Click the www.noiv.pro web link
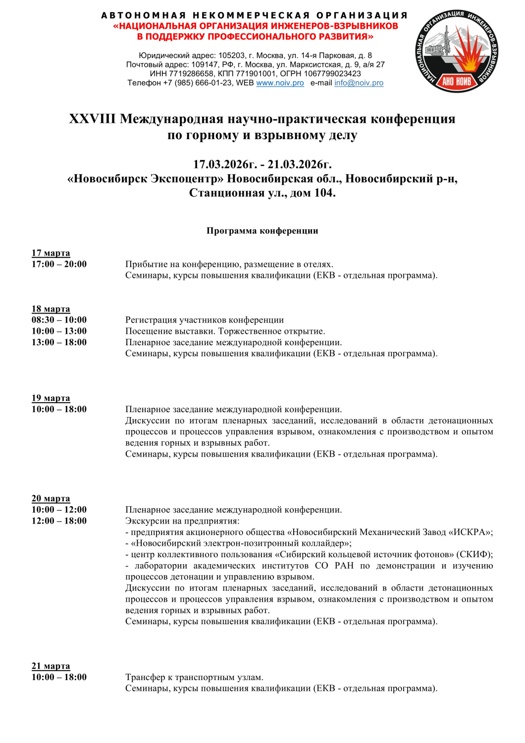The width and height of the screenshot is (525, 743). tap(280, 83)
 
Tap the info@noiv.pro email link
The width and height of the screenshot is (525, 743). tap(359, 83)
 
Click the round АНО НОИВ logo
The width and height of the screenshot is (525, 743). tap(456, 51)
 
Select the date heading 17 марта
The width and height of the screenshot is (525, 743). tap(51, 253)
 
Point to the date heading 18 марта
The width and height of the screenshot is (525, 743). tap(51, 309)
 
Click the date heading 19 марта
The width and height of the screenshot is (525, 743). tap(51, 398)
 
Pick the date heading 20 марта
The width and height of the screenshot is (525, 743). tap(51, 499)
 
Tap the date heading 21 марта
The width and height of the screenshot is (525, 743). tap(51, 666)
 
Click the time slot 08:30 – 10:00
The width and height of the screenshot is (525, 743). tap(59, 320)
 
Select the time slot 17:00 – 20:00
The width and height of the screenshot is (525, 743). tap(59, 265)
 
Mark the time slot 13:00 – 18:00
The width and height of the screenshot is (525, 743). tap(59, 342)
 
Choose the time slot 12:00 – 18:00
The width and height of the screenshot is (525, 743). tap(59, 521)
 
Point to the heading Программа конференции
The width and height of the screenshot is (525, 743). tap(262, 231)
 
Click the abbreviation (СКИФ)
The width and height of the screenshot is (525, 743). tap(474, 555)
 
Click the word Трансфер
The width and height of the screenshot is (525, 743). tap(145, 678)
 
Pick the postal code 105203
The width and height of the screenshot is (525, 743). tap(231, 55)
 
